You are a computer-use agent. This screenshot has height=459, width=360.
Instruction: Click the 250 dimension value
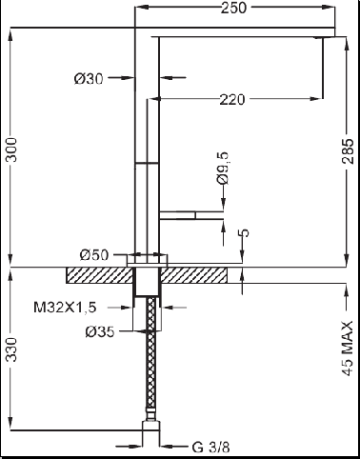pos(233,8)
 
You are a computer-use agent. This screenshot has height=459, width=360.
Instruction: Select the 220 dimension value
pos(232,100)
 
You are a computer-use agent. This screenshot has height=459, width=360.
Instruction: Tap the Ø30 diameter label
pos(89,78)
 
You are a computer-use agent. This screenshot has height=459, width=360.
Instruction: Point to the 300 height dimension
pos(11,150)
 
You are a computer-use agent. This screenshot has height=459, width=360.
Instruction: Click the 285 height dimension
pos(348,151)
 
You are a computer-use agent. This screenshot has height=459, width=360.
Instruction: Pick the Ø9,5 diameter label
pos(223,168)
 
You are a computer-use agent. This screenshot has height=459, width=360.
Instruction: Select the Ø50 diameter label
pos(94,255)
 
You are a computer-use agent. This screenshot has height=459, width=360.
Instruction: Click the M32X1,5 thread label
pos(65,307)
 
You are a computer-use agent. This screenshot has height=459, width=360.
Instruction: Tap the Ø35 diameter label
pos(100,332)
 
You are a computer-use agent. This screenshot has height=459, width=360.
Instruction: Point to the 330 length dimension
pos(11,349)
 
